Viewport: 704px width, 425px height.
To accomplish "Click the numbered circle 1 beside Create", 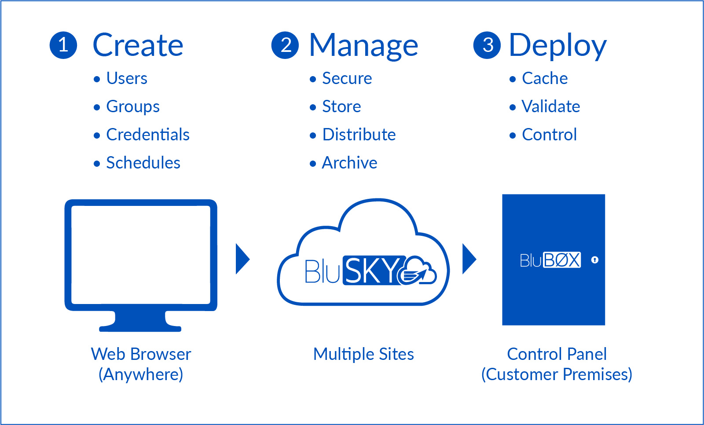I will (x=63, y=45).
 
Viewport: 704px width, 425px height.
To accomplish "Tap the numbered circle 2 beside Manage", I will (x=285, y=45).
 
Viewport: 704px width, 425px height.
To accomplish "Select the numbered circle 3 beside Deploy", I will (x=487, y=45).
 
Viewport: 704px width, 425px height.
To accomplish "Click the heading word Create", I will (x=138, y=45).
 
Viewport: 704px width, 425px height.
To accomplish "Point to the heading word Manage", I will (x=363, y=46).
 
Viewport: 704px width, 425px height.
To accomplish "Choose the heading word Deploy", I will (x=557, y=46).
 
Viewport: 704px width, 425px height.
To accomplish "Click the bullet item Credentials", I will (x=148, y=135).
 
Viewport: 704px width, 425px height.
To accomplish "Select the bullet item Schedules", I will (x=143, y=163).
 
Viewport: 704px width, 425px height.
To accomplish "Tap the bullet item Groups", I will (x=133, y=107).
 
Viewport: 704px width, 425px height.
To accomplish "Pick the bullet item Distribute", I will (x=359, y=135).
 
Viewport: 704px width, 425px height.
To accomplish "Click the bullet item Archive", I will (x=349, y=163).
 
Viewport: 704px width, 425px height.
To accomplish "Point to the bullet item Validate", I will (x=551, y=106).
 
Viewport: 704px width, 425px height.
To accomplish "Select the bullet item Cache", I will (x=545, y=78).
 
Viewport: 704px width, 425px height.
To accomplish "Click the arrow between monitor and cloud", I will (x=242, y=259).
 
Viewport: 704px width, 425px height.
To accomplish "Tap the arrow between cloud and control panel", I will (x=469, y=259).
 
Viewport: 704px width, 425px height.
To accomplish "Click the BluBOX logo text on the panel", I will (x=550, y=260).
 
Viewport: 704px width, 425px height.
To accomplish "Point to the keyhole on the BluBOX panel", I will (x=595, y=260).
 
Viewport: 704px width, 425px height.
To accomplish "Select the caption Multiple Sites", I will (x=363, y=354).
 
